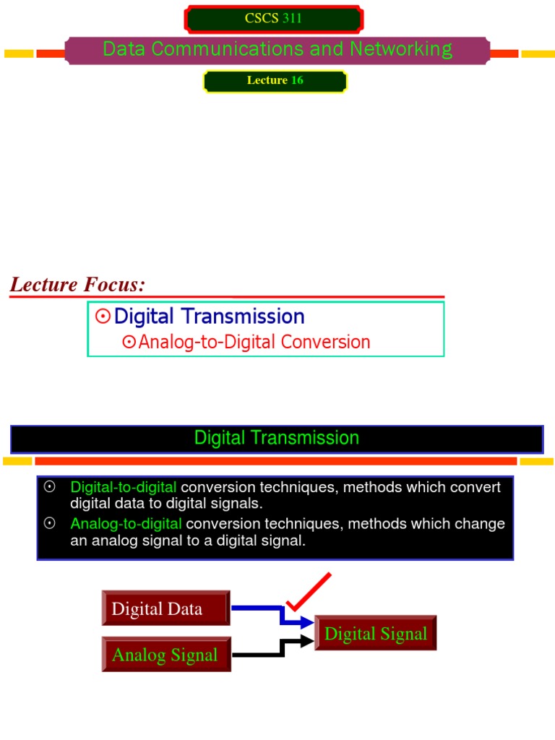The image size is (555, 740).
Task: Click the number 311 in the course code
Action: pyautogui.click(x=292, y=19)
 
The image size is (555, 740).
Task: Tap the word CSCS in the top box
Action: pyautogui.click(x=262, y=19)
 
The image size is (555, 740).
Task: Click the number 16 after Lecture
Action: pyautogui.click(x=297, y=80)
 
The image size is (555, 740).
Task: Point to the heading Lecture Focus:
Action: pyautogui.click(x=77, y=285)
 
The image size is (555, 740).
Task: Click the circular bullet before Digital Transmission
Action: pyautogui.click(x=103, y=317)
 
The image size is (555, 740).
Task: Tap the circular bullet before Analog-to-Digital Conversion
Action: pyautogui.click(x=129, y=343)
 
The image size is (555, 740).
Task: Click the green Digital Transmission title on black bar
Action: pyautogui.click(x=277, y=438)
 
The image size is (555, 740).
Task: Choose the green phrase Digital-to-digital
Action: pyautogui.click(x=123, y=487)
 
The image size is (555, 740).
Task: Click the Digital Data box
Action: pyautogui.click(x=165, y=608)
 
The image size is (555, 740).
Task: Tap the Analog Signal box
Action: pyautogui.click(x=165, y=655)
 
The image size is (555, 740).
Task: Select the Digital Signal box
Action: pyautogui.click(x=376, y=634)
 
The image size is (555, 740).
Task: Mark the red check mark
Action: pyautogui.click(x=307, y=591)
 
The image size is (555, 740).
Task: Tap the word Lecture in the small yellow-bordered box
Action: pyautogui.click(x=267, y=80)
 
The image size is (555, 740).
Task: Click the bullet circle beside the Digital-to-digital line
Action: pyautogui.click(x=50, y=487)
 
